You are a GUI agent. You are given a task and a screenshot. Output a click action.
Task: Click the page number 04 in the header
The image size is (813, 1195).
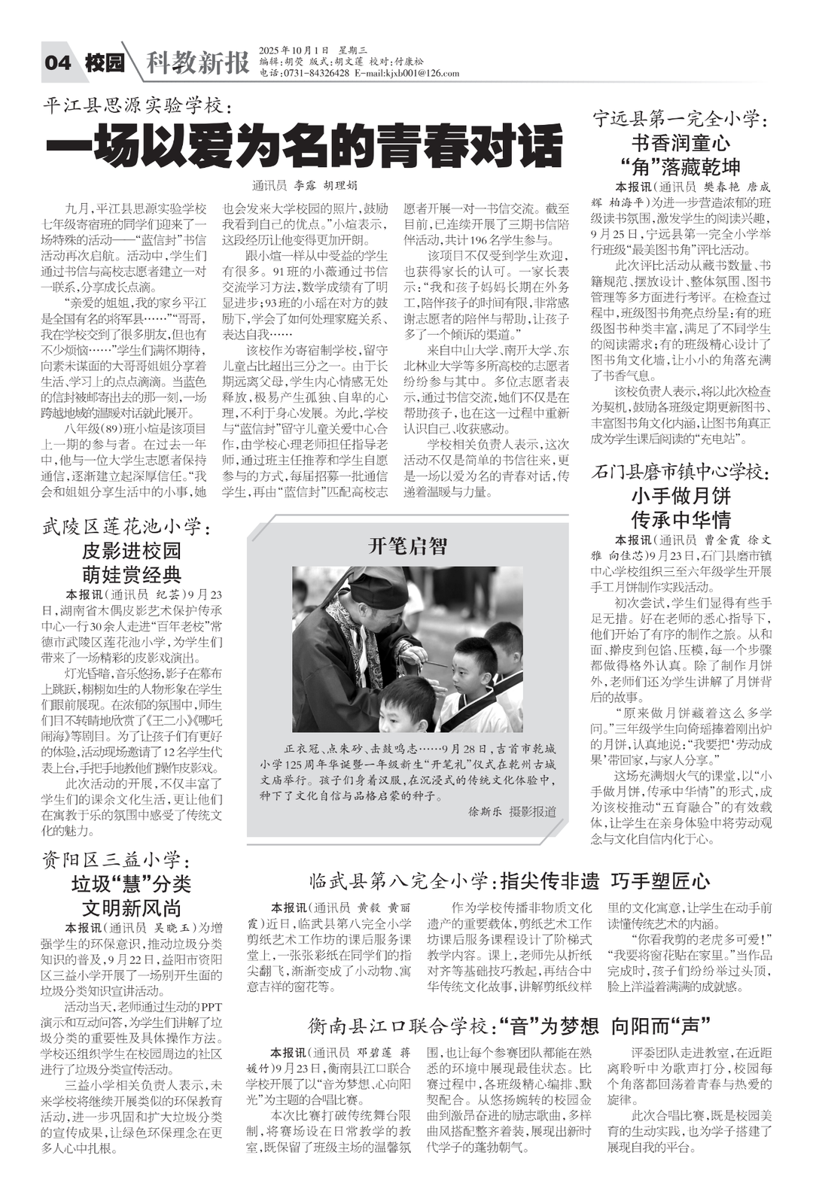pos(58,62)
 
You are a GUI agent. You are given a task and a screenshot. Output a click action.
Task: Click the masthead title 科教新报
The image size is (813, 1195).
pos(197,63)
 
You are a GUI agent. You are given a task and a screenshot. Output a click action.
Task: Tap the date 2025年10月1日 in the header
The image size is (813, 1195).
pos(294,50)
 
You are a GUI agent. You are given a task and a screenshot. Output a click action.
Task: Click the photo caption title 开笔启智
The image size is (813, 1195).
pos(407,546)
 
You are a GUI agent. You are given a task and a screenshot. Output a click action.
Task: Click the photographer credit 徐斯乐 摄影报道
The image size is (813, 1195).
pos(512,811)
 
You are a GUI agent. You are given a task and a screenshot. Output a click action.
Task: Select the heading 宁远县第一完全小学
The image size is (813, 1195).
pos(679,118)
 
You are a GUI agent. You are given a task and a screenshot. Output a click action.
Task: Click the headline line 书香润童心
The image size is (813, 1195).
pos(680,142)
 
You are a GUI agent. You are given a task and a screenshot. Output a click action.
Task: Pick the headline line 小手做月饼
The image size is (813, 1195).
pos(680,496)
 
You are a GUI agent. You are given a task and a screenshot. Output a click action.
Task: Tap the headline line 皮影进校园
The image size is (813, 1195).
pos(132,550)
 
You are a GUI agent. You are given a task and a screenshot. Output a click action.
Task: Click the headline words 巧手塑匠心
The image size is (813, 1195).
pos(661,880)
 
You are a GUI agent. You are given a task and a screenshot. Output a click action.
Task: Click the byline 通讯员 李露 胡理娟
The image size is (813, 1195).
pos(305,185)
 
